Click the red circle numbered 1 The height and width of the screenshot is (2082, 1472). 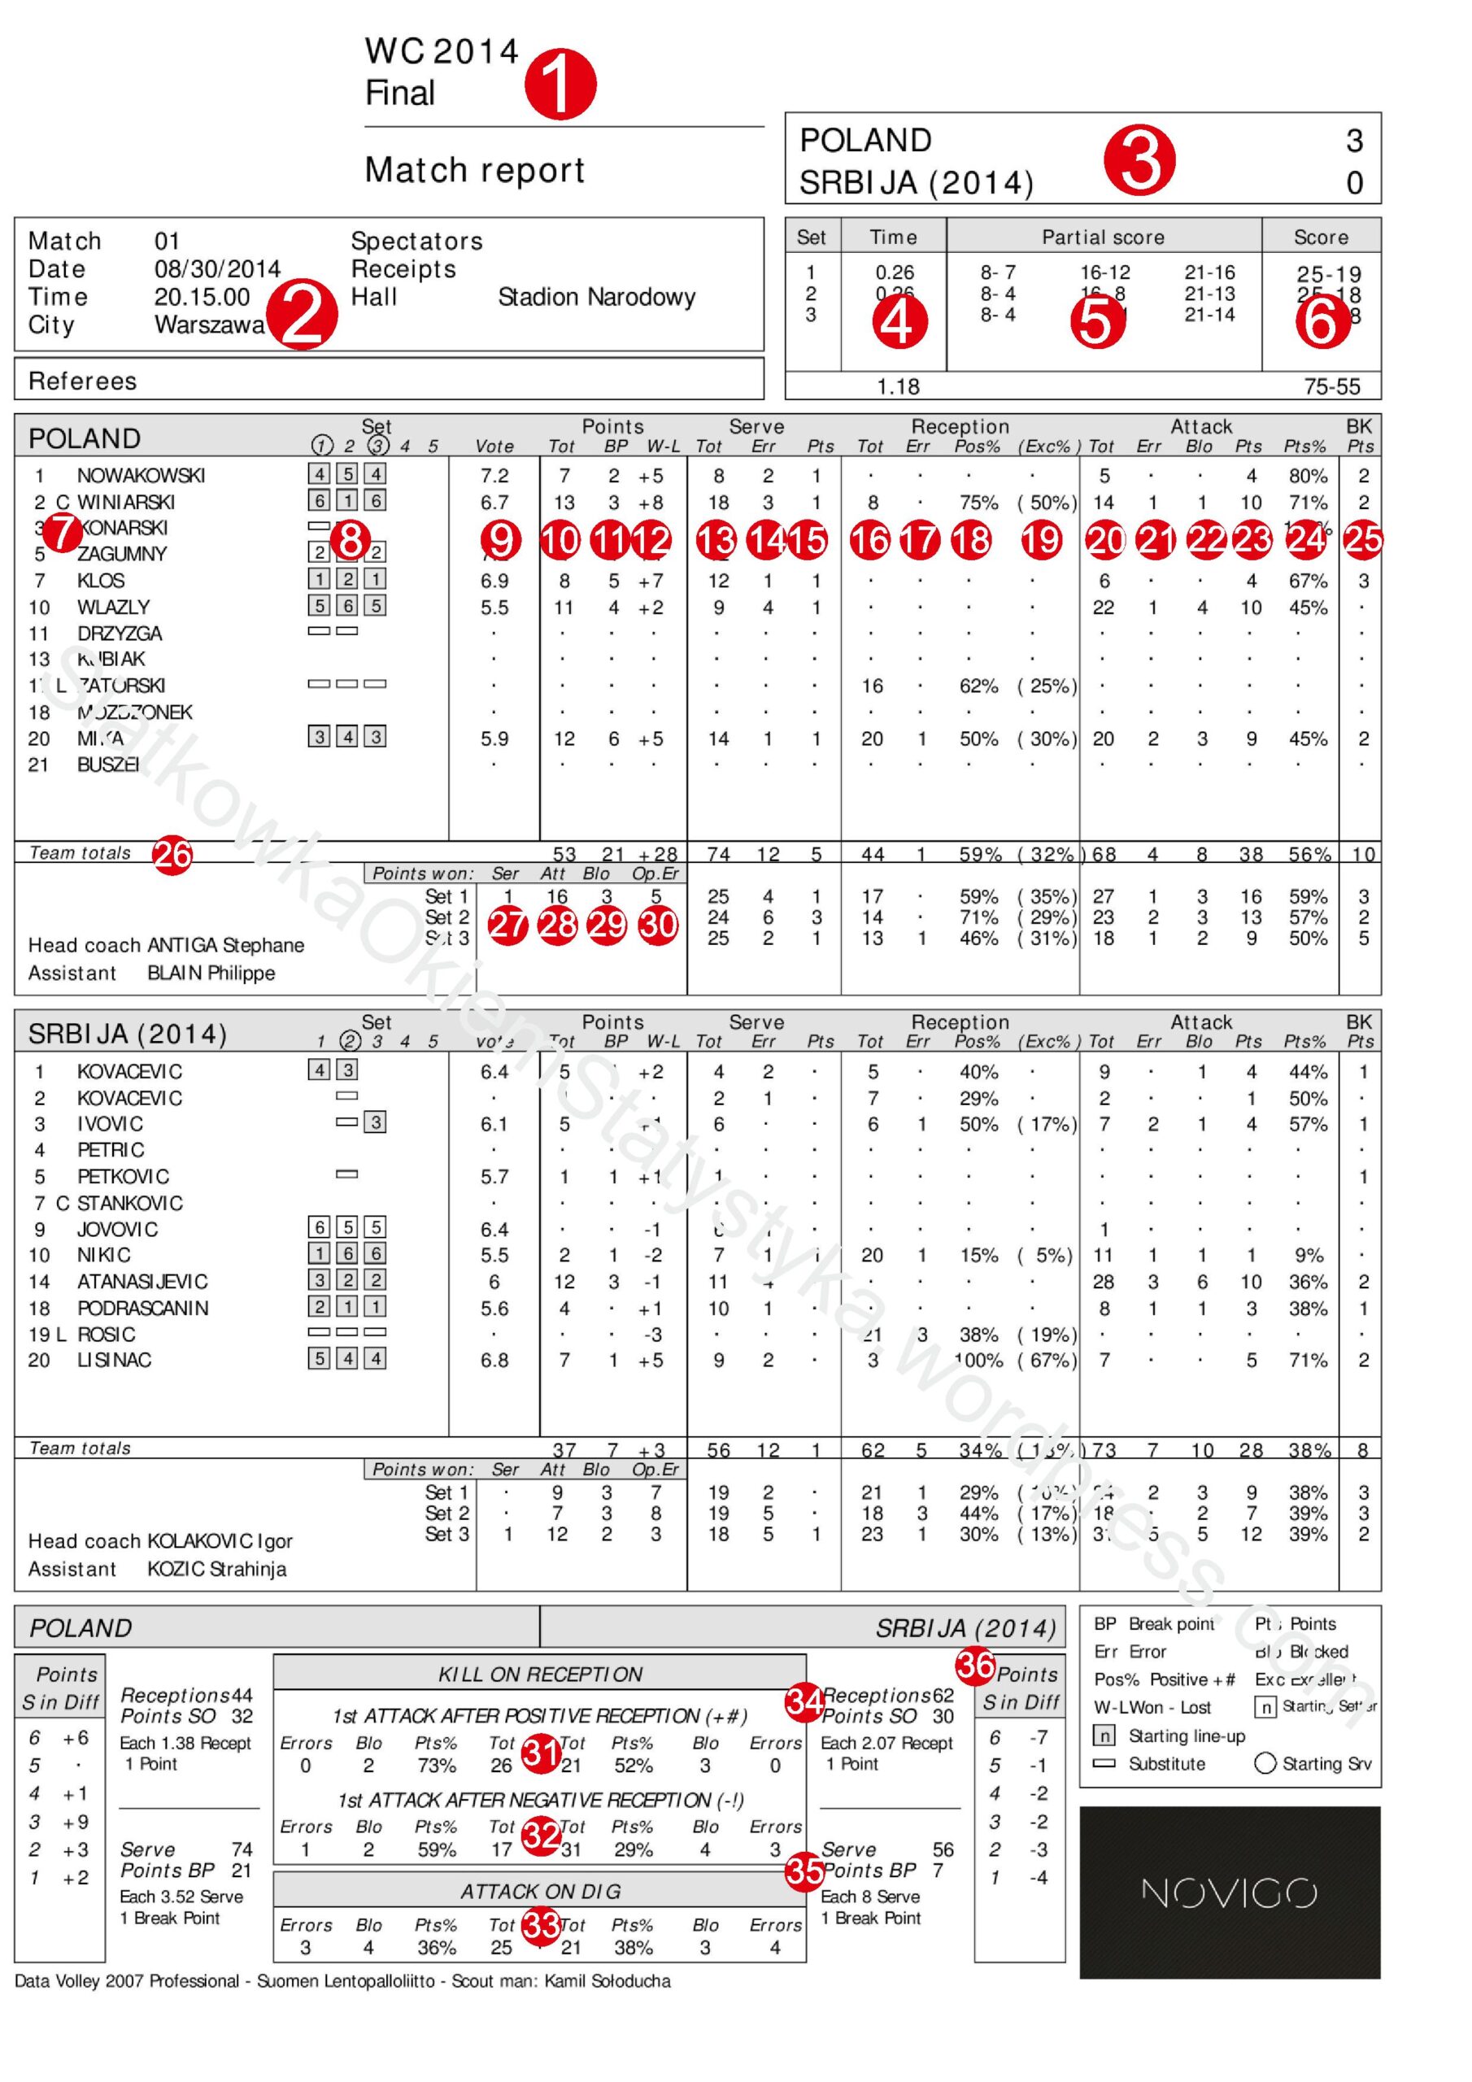coord(560,84)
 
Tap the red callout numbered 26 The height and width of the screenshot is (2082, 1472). coord(172,854)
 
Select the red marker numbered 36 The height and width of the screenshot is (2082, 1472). coord(976,1664)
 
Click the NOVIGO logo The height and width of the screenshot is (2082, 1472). coord(1229,1893)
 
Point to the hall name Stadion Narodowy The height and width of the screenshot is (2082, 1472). coord(597,298)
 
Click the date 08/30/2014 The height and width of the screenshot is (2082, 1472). coord(217,269)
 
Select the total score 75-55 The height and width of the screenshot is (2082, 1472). coord(1331,386)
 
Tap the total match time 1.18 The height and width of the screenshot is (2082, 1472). coord(897,386)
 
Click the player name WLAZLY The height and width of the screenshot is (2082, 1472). coord(113,607)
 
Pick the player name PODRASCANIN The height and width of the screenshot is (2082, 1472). coord(142,1308)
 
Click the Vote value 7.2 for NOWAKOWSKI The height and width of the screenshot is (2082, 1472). coord(494,475)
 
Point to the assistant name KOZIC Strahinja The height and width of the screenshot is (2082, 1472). coord(217,1569)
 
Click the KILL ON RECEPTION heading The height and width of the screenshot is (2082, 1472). coord(540,1674)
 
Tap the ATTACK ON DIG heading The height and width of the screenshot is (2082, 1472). coord(540,1891)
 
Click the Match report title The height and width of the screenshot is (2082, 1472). coord(474,170)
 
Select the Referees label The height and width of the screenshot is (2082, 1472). coord(82,381)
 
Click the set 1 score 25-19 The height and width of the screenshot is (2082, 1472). coord(1329,274)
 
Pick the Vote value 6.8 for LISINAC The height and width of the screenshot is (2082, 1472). coord(494,1360)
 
